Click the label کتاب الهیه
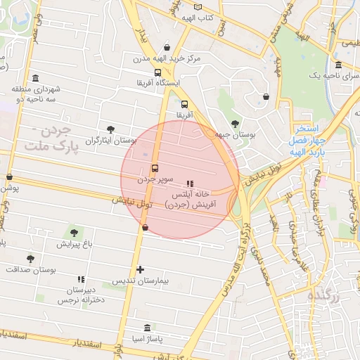(x=198, y=17)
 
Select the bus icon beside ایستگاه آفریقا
(x=157, y=72)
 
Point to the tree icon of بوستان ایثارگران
(x=111, y=129)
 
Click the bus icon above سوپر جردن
(x=154, y=169)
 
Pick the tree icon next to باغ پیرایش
(x=74, y=232)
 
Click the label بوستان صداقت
(x=31, y=269)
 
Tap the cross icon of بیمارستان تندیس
(x=141, y=269)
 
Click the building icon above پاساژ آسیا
(x=146, y=328)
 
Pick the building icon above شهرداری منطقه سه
(x=35, y=78)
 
